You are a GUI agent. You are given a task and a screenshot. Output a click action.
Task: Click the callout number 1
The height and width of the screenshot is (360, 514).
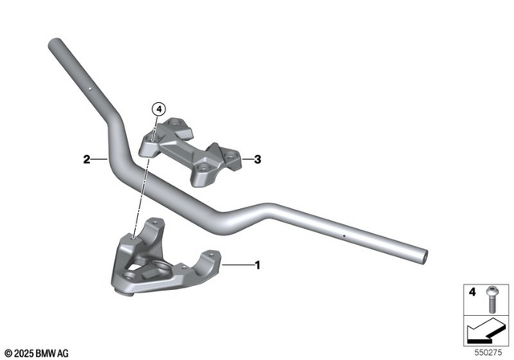tap(257, 264)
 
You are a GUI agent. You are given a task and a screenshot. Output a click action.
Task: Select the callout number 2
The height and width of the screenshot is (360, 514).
tap(84, 159)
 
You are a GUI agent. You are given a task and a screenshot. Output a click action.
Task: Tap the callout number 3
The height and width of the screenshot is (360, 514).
tap(258, 159)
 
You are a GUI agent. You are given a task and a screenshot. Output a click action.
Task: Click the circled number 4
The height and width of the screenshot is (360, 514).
tap(158, 108)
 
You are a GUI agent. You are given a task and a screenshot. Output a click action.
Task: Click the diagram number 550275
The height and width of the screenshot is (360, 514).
tap(483, 352)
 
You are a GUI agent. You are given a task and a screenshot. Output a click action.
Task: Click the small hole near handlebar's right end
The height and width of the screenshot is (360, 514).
tap(345, 236)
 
